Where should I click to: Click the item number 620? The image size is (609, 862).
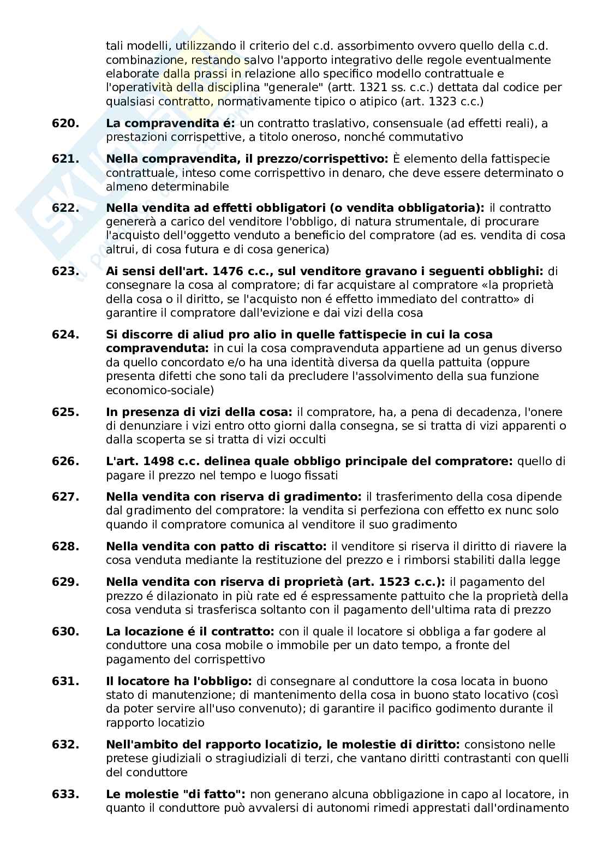65,123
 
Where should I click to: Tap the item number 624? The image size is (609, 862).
65,334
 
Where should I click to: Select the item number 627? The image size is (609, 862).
65,497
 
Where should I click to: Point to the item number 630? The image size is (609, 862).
65,632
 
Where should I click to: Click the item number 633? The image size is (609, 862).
65,794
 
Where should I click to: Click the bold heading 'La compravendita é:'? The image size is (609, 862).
170,123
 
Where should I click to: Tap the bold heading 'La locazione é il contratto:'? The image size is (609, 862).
190,632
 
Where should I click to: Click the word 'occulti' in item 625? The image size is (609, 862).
308,440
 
